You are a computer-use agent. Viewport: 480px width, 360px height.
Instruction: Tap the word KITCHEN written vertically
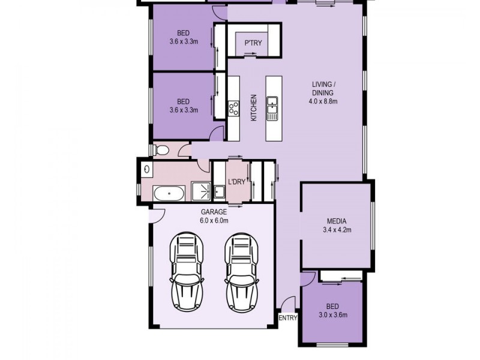(254, 108)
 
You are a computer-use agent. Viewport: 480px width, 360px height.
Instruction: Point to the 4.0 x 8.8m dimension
(325, 101)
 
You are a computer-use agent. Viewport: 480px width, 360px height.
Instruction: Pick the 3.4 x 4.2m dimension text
(337, 229)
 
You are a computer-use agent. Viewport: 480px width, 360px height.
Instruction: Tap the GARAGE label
(214, 212)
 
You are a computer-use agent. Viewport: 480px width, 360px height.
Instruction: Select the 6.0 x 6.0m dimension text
(214, 220)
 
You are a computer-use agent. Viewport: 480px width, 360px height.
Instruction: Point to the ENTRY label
(288, 318)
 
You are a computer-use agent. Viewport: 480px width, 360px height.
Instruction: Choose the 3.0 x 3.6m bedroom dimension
(333, 314)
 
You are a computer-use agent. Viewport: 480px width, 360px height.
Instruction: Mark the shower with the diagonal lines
(201, 190)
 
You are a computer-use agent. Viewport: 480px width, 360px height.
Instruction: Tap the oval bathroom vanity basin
(146, 170)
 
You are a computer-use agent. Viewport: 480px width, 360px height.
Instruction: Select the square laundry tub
(220, 191)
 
